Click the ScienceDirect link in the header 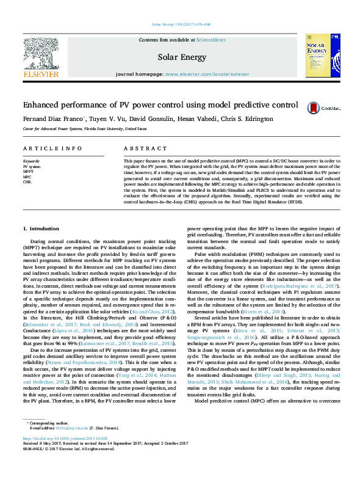[210, 40]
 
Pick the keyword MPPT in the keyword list [28, 171]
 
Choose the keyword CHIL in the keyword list [27, 181]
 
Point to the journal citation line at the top [181, 24]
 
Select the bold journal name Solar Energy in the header [181, 56]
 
